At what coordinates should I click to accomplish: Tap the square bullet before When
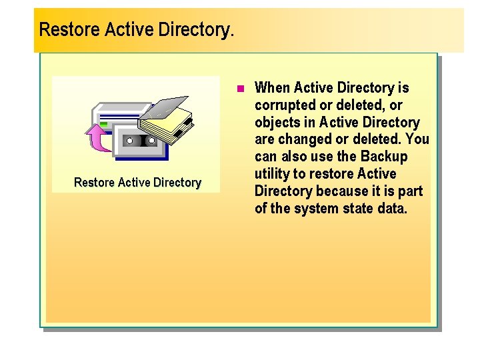[241, 88]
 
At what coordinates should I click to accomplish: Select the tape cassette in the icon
[141, 141]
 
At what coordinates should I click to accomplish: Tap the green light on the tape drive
[103, 123]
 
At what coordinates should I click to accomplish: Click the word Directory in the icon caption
[177, 183]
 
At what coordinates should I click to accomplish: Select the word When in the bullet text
[273, 88]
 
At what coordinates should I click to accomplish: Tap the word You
[417, 140]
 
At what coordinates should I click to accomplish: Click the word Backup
[383, 157]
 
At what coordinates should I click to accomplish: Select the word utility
[273, 175]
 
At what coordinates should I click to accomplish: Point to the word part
[409, 192]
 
